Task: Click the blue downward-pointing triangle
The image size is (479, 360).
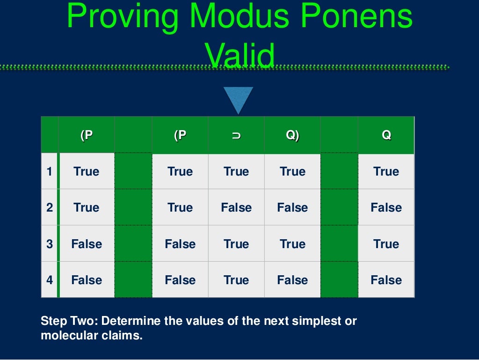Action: point(238,99)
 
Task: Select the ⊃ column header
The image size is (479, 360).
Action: point(236,135)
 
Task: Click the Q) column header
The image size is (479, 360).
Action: point(292,135)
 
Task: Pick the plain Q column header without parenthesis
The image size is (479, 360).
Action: point(386,135)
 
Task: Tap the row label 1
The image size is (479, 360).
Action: point(50,171)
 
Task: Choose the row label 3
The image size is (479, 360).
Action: point(50,244)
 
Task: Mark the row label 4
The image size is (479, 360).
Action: point(50,280)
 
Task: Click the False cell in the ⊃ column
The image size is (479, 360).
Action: point(236,207)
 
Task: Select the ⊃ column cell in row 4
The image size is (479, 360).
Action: point(236,280)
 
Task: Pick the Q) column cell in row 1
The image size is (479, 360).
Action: point(292,171)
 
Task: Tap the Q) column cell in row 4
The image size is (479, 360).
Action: point(292,280)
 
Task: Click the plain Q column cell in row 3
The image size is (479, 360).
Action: point(386,244)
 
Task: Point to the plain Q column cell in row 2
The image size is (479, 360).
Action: point(386,207)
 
